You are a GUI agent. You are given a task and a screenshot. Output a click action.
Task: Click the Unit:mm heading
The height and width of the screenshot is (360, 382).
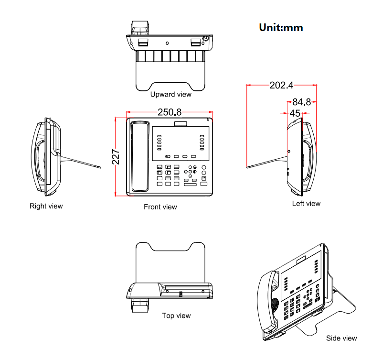point(281,27)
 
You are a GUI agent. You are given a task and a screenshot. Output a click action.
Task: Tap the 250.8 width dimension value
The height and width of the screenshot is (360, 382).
point(170,112)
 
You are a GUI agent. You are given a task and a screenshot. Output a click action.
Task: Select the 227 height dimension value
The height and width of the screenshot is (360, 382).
point(116,157)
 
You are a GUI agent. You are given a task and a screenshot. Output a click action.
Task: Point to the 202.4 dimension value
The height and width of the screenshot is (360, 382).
point(281,86)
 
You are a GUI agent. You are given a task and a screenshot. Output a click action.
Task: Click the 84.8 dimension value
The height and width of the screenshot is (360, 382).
point(301,102)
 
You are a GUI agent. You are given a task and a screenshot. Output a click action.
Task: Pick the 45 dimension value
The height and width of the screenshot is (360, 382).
point(295,113)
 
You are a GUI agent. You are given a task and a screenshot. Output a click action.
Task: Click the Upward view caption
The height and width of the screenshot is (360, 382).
point(170,94)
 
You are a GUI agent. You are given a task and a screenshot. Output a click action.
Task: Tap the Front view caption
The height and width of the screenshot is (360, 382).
point(160,207)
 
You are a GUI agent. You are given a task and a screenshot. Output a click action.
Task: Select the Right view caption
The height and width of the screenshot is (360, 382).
point(46,206)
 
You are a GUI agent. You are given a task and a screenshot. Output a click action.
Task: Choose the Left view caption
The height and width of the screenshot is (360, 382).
point(306,204)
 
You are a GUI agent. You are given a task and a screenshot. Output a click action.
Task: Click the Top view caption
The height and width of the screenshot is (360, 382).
point(176,316)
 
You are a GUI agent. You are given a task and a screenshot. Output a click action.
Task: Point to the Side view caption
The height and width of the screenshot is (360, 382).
point(341,338)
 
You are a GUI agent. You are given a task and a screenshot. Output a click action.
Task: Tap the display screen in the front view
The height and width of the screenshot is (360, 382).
point(181,143)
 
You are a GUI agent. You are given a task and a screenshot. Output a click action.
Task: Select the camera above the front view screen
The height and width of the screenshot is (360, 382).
point(181,124)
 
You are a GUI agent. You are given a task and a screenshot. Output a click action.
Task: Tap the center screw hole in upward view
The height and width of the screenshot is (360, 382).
point(167,43)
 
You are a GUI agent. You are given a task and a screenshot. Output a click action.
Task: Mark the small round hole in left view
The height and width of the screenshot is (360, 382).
point(288,152)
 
